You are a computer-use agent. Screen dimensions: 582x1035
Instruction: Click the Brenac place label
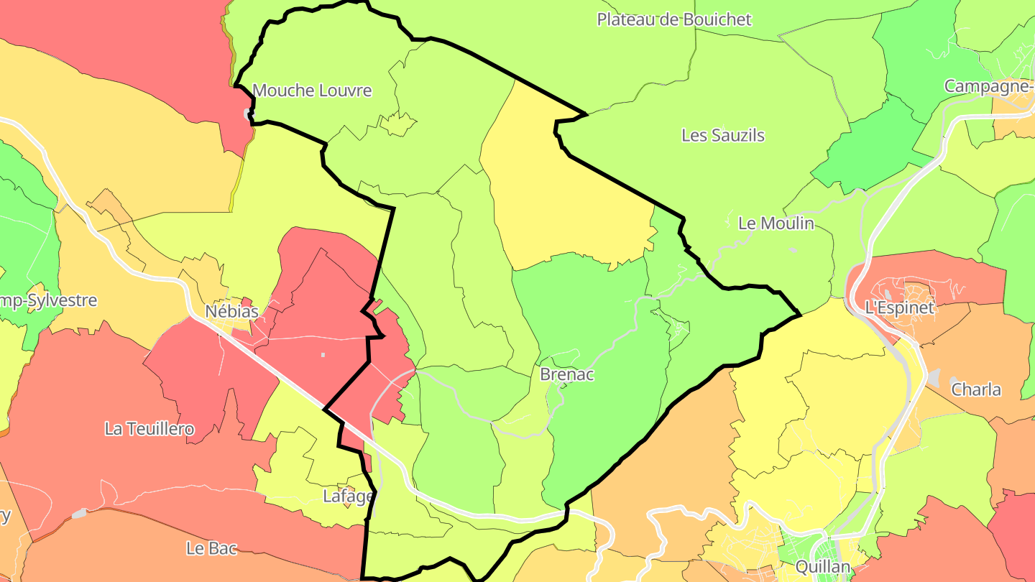tap(567, 374)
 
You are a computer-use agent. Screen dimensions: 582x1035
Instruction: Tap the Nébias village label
tap(232, 312)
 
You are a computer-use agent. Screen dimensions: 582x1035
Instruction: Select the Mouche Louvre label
tap(312, 91)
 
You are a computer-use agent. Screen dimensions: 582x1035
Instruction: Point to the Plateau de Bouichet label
tap(673, 19)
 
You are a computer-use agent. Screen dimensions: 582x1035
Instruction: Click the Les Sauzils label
tap(722, 135)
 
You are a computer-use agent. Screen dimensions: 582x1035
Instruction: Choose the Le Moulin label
tap(776, 223)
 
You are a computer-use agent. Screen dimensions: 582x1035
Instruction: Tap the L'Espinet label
tap(899, 308)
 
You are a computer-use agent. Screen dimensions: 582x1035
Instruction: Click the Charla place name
tap(976, 389)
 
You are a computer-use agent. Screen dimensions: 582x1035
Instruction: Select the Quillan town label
tap(823, 567)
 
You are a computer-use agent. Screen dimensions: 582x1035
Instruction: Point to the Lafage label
tap(349, 496)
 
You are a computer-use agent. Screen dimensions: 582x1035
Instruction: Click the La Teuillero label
tap(149, 429)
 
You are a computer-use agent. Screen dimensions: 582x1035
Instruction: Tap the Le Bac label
tap(211, 548)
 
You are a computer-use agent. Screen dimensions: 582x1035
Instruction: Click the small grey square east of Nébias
tap(323, 354)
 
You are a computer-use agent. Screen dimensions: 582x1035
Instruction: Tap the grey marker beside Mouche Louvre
tap(248, 113)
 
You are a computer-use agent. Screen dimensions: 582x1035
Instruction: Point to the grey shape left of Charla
tap(934, 377)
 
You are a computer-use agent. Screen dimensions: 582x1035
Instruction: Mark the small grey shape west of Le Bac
tap(79, 514)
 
